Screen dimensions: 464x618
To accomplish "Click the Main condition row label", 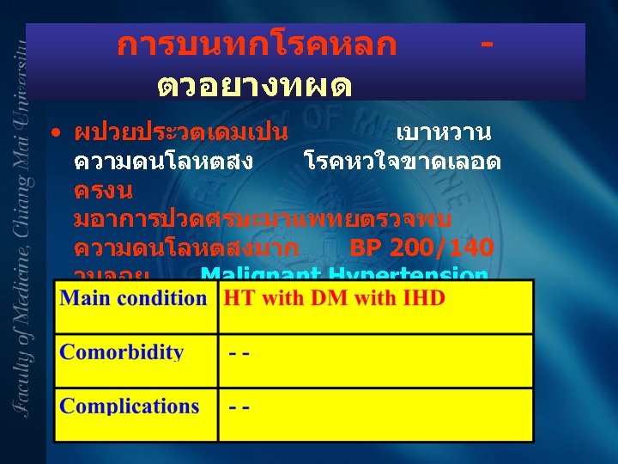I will (x=133, y=298).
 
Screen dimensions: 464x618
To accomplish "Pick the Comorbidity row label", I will (x=121, y=352).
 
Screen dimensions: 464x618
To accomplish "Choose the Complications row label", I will (x=129, y=406).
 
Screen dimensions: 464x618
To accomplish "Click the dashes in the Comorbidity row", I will (x=239, y=353).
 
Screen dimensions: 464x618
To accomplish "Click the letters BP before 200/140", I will (x=367, y=248).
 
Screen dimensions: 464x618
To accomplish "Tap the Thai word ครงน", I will (x=103, y=188).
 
